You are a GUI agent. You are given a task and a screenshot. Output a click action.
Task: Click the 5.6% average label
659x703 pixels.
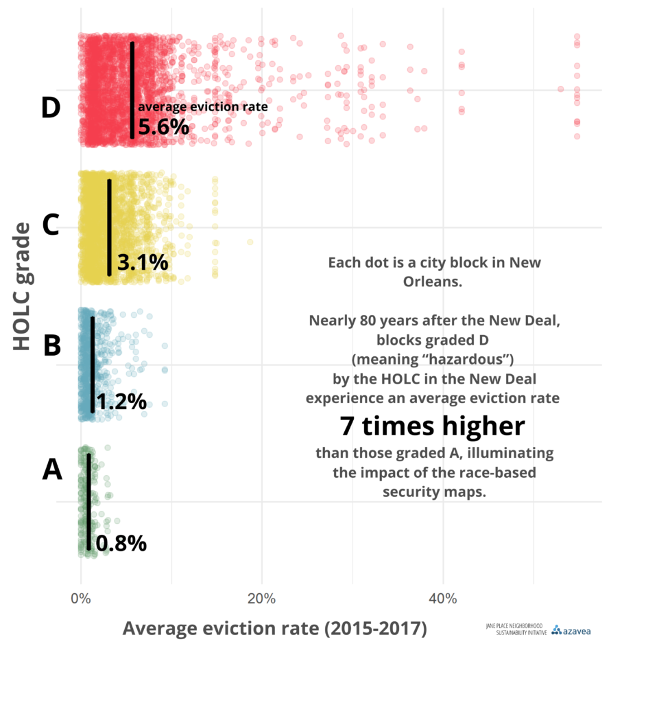[x=163, y=126]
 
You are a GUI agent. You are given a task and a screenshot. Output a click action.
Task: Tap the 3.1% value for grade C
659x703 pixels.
[x=142, y=262]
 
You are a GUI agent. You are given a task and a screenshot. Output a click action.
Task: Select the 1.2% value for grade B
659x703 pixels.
[x=121, y=401]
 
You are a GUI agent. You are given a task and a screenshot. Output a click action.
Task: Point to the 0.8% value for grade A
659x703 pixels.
[x=121, y=544]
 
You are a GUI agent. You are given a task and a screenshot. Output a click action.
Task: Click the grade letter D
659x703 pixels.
[x=51, y=108]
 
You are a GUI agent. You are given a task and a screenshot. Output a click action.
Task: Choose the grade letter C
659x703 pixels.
[x=51, y=225]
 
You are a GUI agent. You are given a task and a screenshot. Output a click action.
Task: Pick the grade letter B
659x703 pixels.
[x=52, y=345]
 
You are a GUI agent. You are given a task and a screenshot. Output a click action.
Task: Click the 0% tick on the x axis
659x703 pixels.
[x=81, y=599]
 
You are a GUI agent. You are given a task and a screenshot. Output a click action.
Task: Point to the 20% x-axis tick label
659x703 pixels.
[x=261, y=599]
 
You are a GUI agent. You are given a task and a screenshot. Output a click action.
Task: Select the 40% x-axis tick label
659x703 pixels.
[x=442, y=599]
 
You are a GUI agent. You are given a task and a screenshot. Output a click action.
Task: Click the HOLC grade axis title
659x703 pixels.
[x=22, y=287]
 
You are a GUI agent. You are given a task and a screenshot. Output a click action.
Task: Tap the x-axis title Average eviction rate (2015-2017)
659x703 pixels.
[x=274, y=628]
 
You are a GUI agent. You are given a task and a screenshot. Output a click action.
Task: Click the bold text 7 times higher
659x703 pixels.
[x=433, y=426]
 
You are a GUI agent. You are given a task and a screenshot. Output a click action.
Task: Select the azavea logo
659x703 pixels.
[x=571, y=630]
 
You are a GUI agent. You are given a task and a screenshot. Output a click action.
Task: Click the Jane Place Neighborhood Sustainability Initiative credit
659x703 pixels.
[x=516, y=630]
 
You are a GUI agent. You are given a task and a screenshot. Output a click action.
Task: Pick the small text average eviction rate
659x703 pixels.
[x=202, y=107]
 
